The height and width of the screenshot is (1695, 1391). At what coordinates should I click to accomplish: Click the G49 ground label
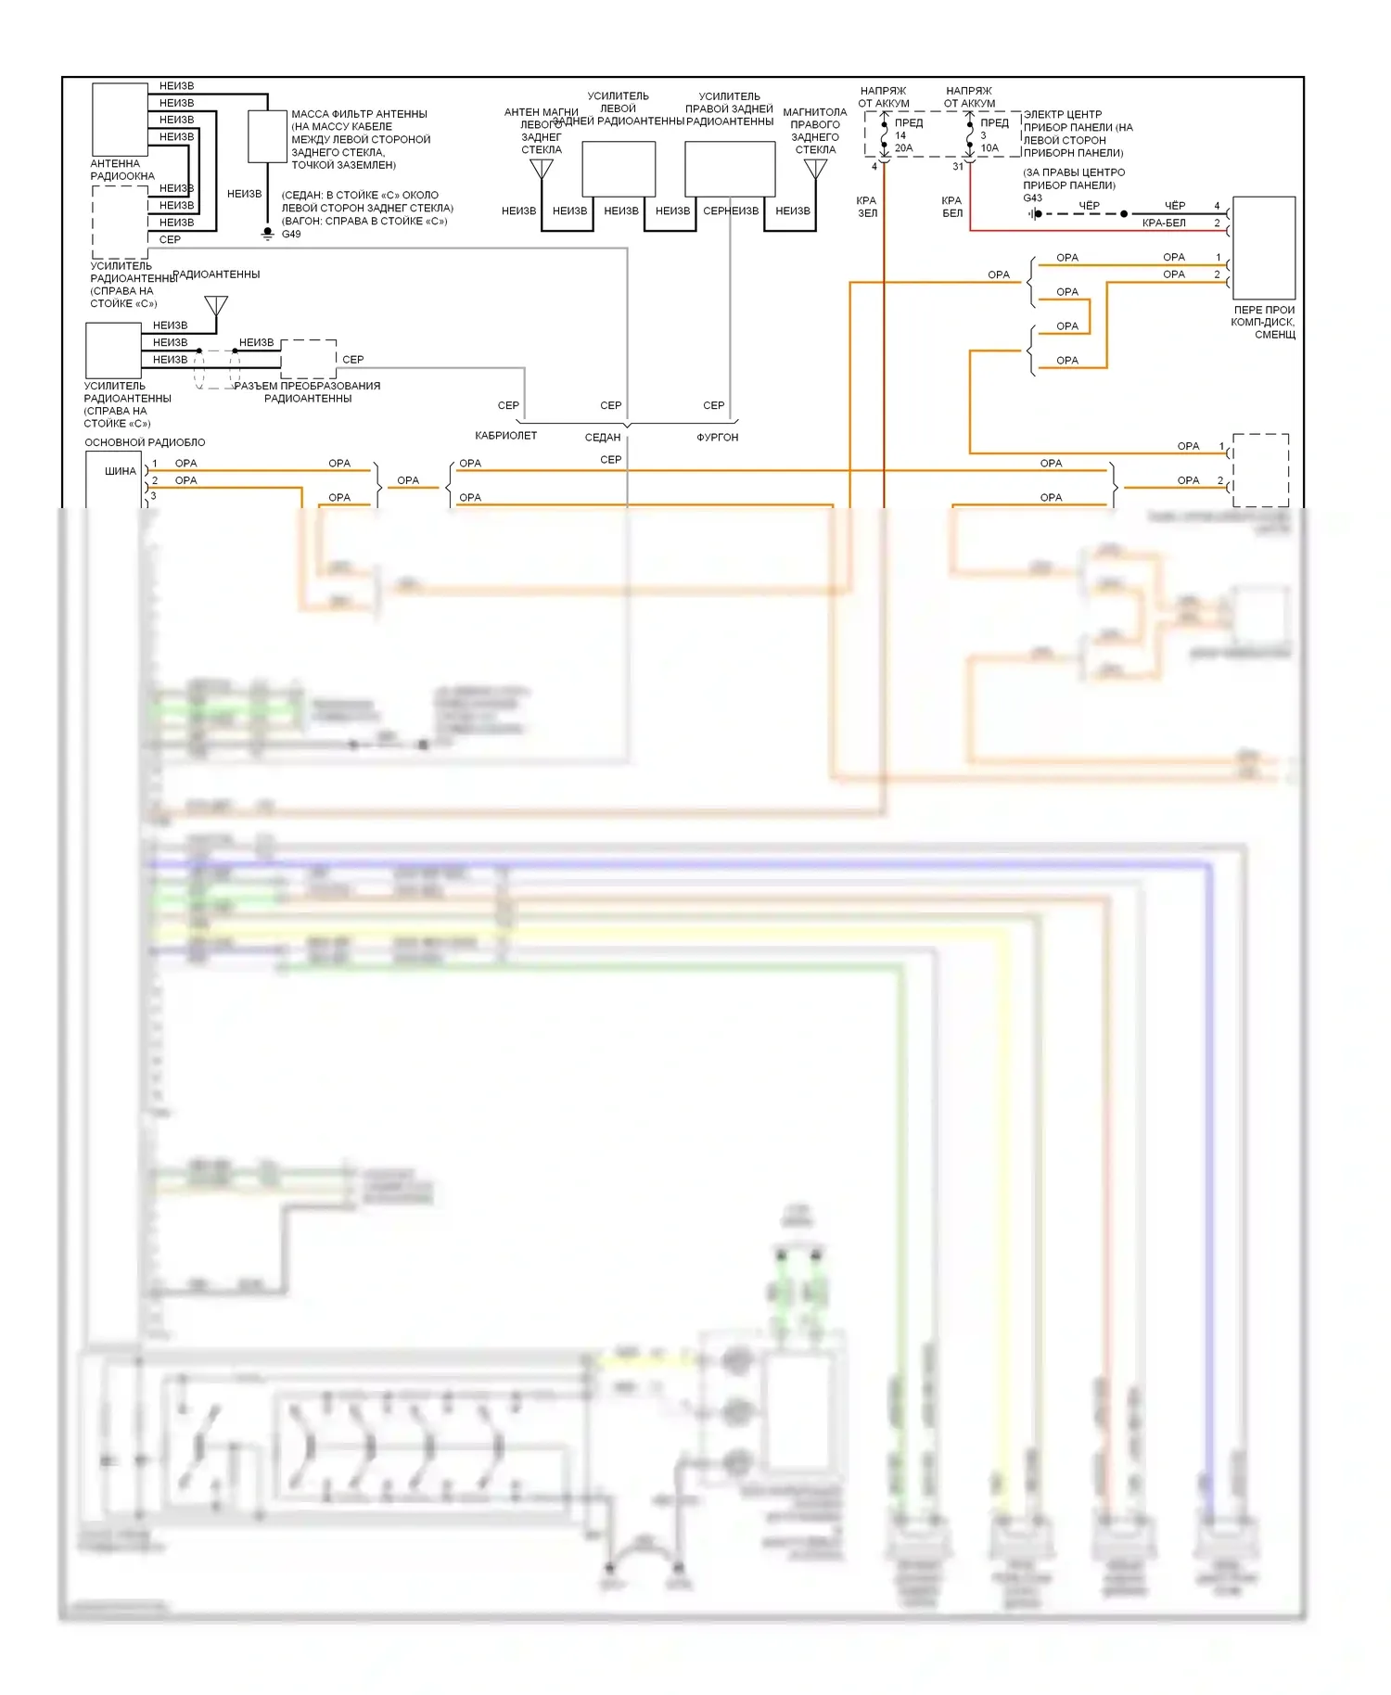[291, 235]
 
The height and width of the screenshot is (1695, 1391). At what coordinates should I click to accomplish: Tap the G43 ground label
[1032, 198]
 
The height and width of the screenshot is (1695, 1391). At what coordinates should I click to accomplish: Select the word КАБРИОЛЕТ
[505, 436]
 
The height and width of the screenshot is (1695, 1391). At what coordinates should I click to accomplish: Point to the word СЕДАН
[603, 438]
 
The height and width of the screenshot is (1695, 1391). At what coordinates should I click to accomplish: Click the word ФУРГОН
[717, 438]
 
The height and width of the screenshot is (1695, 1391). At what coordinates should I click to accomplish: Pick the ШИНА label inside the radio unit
[120, 471]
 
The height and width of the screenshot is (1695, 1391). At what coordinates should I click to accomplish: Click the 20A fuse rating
[903, 148]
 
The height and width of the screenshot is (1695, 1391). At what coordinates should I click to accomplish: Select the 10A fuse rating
[989, 148]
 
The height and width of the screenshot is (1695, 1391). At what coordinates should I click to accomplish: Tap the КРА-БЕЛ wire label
[1164, 223]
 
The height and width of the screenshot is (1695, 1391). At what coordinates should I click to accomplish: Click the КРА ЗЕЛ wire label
[867, 207]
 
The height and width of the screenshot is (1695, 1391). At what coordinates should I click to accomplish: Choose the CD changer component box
[1263, 248]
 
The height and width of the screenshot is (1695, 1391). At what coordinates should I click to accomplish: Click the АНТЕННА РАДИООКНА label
[121, 170]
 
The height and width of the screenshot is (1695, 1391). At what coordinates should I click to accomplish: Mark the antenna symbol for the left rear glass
[542, 169]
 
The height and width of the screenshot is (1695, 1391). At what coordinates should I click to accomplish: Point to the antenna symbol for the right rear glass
[815, 169]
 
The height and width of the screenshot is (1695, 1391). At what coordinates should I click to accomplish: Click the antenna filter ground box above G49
[267, 136]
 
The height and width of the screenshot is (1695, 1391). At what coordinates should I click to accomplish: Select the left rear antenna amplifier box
[619, 169]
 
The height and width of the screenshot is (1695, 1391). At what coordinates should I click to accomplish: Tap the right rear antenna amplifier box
[730, 169]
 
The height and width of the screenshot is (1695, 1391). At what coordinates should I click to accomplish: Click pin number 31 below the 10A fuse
[958, 167]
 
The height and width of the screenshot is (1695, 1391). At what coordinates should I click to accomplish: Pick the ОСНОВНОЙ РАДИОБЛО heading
[145, 443]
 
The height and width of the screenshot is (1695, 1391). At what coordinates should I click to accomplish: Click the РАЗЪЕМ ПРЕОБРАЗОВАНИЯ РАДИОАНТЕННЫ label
[308, 392]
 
